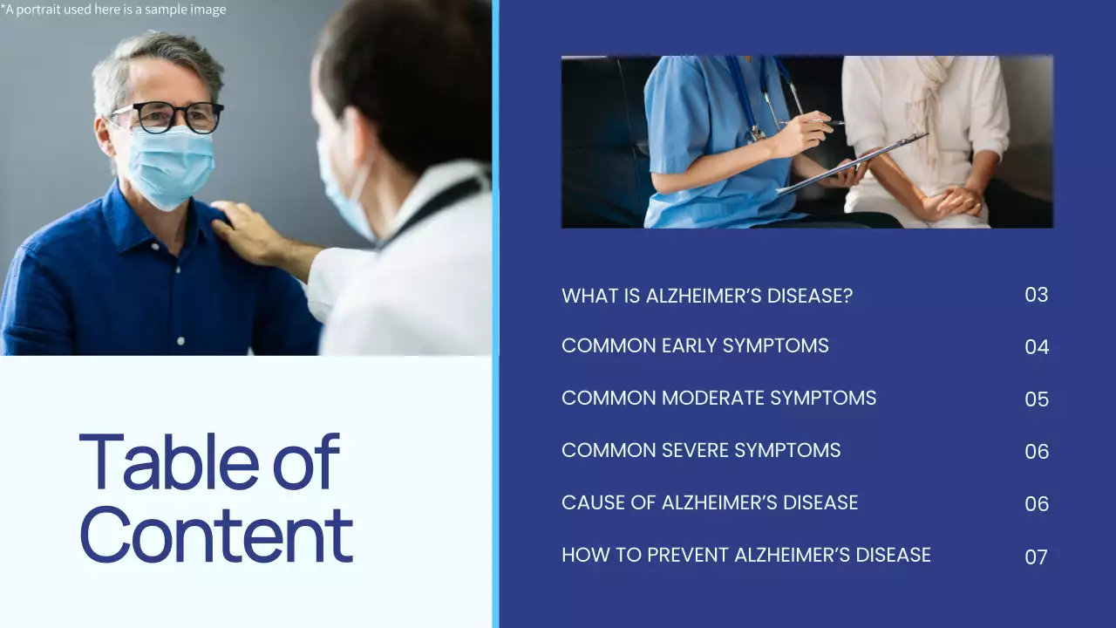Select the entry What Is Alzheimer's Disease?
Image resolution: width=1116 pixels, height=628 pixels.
707,296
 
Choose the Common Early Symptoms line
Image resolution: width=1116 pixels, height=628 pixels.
695,346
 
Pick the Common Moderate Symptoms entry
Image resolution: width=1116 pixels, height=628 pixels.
718,399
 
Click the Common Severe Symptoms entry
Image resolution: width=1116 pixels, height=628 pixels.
701,451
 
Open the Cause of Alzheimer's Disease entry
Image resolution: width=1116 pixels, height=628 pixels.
710,503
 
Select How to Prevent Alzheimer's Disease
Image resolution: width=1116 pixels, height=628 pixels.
746,556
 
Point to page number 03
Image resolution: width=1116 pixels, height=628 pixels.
1036,295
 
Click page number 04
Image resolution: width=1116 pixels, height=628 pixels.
1037,347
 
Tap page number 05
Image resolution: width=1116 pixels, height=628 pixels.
1037,399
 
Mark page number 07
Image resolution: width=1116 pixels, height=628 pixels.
1036,556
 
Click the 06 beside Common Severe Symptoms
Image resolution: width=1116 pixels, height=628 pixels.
1037,452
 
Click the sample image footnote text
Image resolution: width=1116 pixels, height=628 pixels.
113,10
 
